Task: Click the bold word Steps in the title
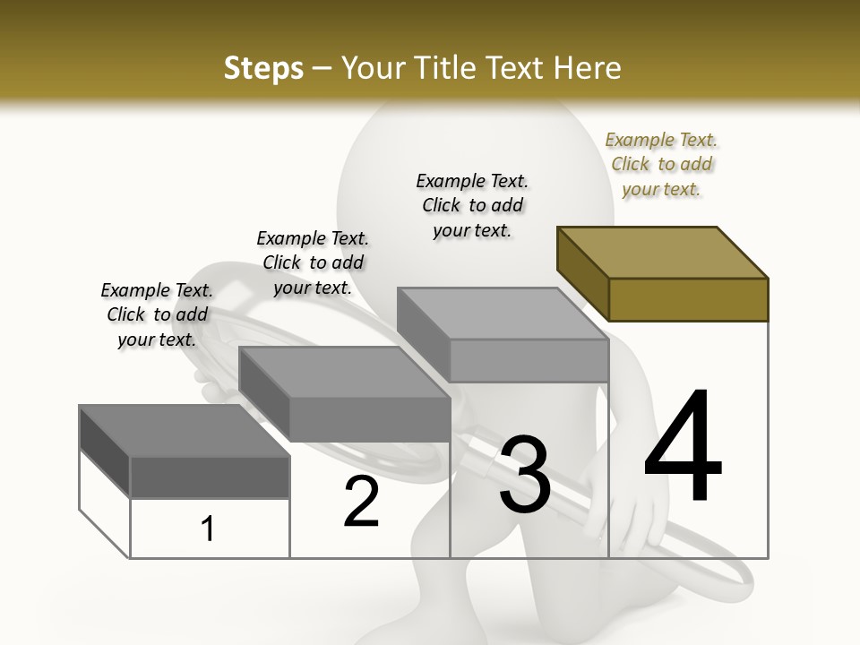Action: (x=263, y=68)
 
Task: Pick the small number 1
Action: (x=208, y=529)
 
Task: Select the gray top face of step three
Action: (x=503, y=314)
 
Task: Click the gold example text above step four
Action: (x=661, y=164)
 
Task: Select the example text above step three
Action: (x=472, y=205)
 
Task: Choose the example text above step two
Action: (x=313, y=262)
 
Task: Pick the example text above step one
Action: (x=157, y=314)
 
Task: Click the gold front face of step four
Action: (x=688, y=299)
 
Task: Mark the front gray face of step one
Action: (x=210, y=477)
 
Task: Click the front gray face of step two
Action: (x=369, y=419)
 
